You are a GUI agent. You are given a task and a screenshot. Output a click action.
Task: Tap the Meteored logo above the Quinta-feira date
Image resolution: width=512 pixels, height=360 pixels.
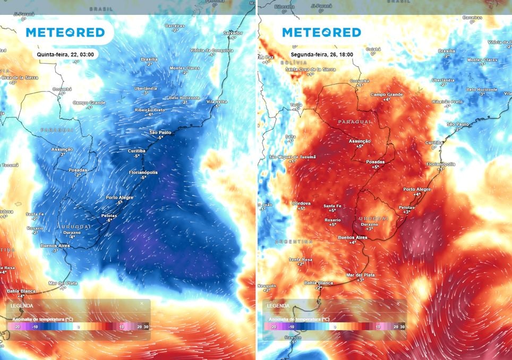tap(65, 32)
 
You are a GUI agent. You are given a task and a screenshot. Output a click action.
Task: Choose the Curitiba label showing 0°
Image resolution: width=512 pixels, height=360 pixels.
tap(434, 142)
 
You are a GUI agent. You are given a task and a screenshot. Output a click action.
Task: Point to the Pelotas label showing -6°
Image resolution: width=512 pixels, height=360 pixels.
tap(109, 216)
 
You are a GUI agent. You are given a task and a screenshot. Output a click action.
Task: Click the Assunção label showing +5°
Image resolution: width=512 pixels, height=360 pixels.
tap(359, 141)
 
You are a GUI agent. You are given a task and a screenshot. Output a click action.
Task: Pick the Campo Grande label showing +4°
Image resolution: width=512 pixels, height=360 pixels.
tap(386, 95)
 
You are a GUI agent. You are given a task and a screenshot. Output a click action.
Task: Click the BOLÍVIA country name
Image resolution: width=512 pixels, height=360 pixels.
tap(279, 63)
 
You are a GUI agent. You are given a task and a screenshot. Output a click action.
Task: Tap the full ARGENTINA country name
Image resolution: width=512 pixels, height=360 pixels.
tap(293, 242)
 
